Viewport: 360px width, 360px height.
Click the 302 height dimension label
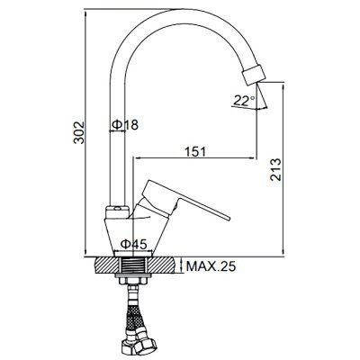pos(79,132)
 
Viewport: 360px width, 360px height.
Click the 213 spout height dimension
pos(275,169)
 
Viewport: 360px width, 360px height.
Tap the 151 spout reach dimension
pos(195,151)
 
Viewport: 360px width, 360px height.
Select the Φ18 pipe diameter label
pos(125,124)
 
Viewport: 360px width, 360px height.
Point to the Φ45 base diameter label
pos(134,245)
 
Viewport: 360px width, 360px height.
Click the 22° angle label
pos(244,100)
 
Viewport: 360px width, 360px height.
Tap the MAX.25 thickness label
pos(211,265)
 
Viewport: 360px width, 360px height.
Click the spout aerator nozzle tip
pos(254,74)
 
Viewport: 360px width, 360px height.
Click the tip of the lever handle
pos(228,218)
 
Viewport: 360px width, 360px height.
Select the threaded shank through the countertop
pos(132,265)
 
